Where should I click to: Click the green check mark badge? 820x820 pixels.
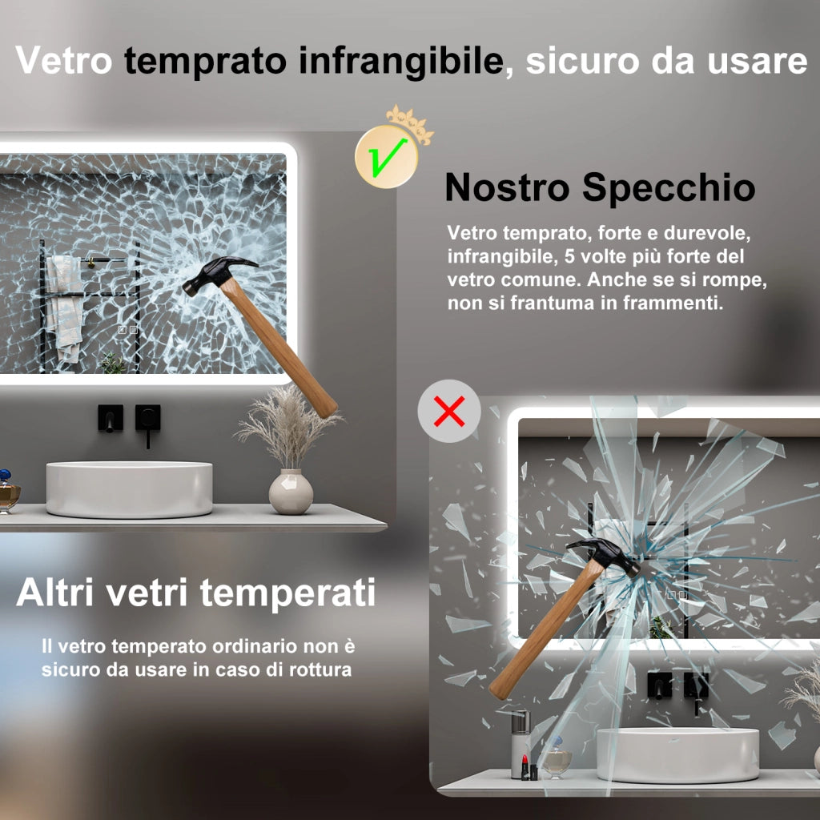[387, 156]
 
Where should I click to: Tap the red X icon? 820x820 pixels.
[449, 411]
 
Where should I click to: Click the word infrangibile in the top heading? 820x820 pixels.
[401, 61]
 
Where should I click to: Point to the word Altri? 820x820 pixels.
[55, 593]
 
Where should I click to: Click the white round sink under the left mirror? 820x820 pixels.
[129, 489]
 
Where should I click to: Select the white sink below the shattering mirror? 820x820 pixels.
[677, 755]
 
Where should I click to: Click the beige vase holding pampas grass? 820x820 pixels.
[291, 492]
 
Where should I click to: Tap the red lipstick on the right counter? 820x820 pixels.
[525, 766]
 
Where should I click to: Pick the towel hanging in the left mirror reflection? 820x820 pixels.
[66, 308]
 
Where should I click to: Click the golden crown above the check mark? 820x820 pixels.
[411, 123]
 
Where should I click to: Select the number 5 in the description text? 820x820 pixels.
[569, 256]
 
